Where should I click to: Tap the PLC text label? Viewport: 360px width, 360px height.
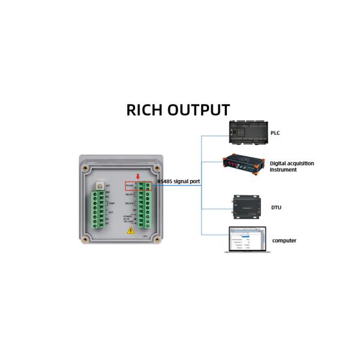(275, 133)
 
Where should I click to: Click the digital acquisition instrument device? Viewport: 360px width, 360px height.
(243, 164)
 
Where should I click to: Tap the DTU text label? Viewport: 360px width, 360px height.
(276, 208)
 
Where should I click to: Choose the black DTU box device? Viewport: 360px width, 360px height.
(245, 205)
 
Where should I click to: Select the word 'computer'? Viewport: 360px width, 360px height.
(284, 241)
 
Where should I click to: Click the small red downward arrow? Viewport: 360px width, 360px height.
(139, 176)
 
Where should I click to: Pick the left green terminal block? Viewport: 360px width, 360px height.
(97, 209)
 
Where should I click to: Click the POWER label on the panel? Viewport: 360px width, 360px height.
(128, 216)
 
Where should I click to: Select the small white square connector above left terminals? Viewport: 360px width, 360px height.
(99, 187)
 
